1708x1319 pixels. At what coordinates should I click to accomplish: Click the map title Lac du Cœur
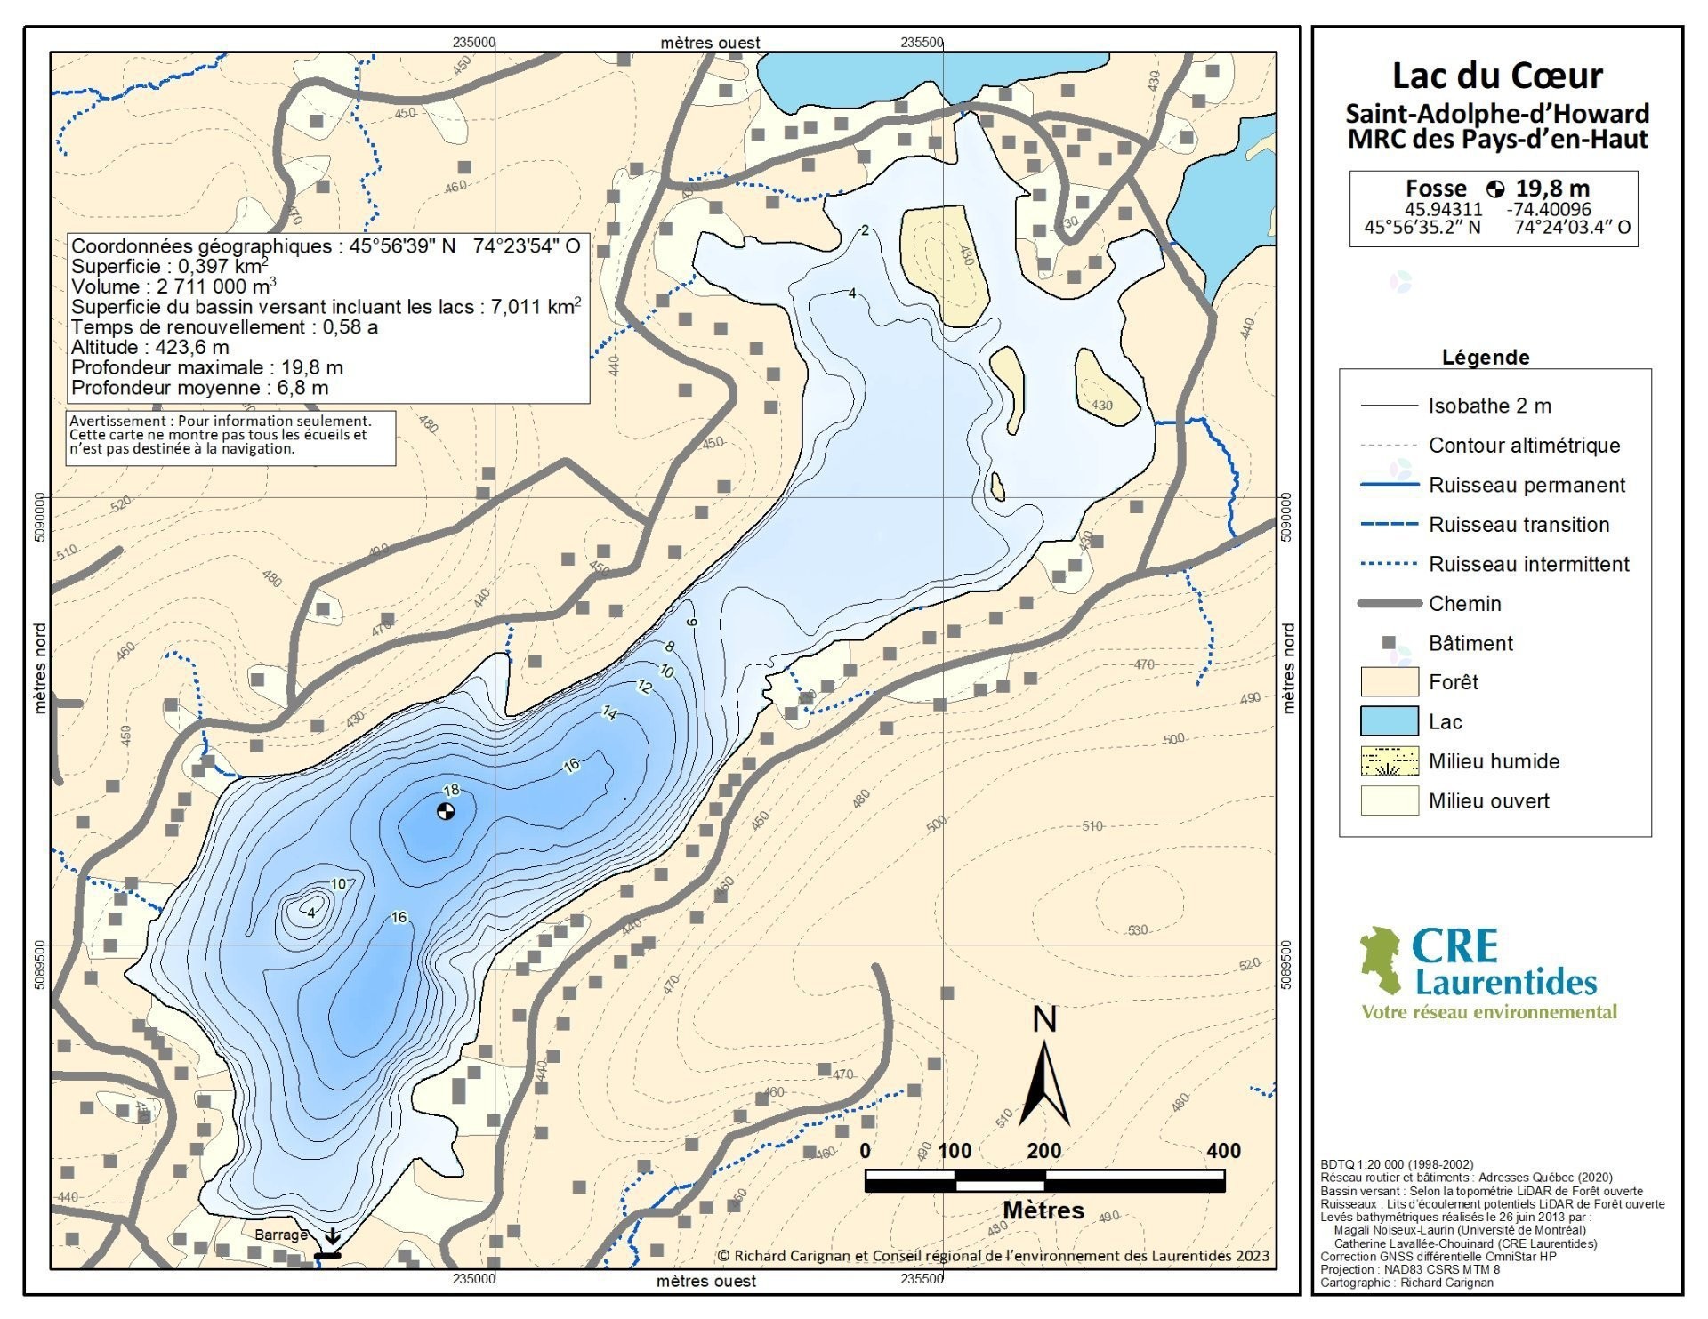[1496, 76]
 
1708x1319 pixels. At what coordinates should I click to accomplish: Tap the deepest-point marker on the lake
[447, 810]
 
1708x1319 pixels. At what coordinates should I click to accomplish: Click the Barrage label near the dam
[281, 1235]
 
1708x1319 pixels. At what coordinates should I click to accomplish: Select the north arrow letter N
[1044, 1019]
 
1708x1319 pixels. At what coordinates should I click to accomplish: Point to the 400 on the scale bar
[1223, 1150]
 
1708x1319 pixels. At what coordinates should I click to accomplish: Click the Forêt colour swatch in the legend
[1389, 682]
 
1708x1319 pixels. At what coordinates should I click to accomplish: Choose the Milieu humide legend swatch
[1389, 761]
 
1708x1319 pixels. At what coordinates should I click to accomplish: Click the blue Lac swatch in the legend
[1389, 721]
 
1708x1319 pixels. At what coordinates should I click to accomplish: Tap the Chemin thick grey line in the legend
[1389, 604]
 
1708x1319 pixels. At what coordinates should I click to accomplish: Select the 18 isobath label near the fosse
[451, 790]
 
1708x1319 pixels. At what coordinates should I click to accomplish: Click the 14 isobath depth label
[609, 712]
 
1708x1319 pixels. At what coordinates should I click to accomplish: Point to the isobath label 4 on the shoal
[310, 913]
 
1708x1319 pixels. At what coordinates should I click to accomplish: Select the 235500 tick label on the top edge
[922, 42]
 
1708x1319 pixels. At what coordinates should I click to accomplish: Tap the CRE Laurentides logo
[1487, 973]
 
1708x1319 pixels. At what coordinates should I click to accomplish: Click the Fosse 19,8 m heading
[1496, 189]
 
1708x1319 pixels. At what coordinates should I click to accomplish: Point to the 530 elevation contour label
[1138, 930]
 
